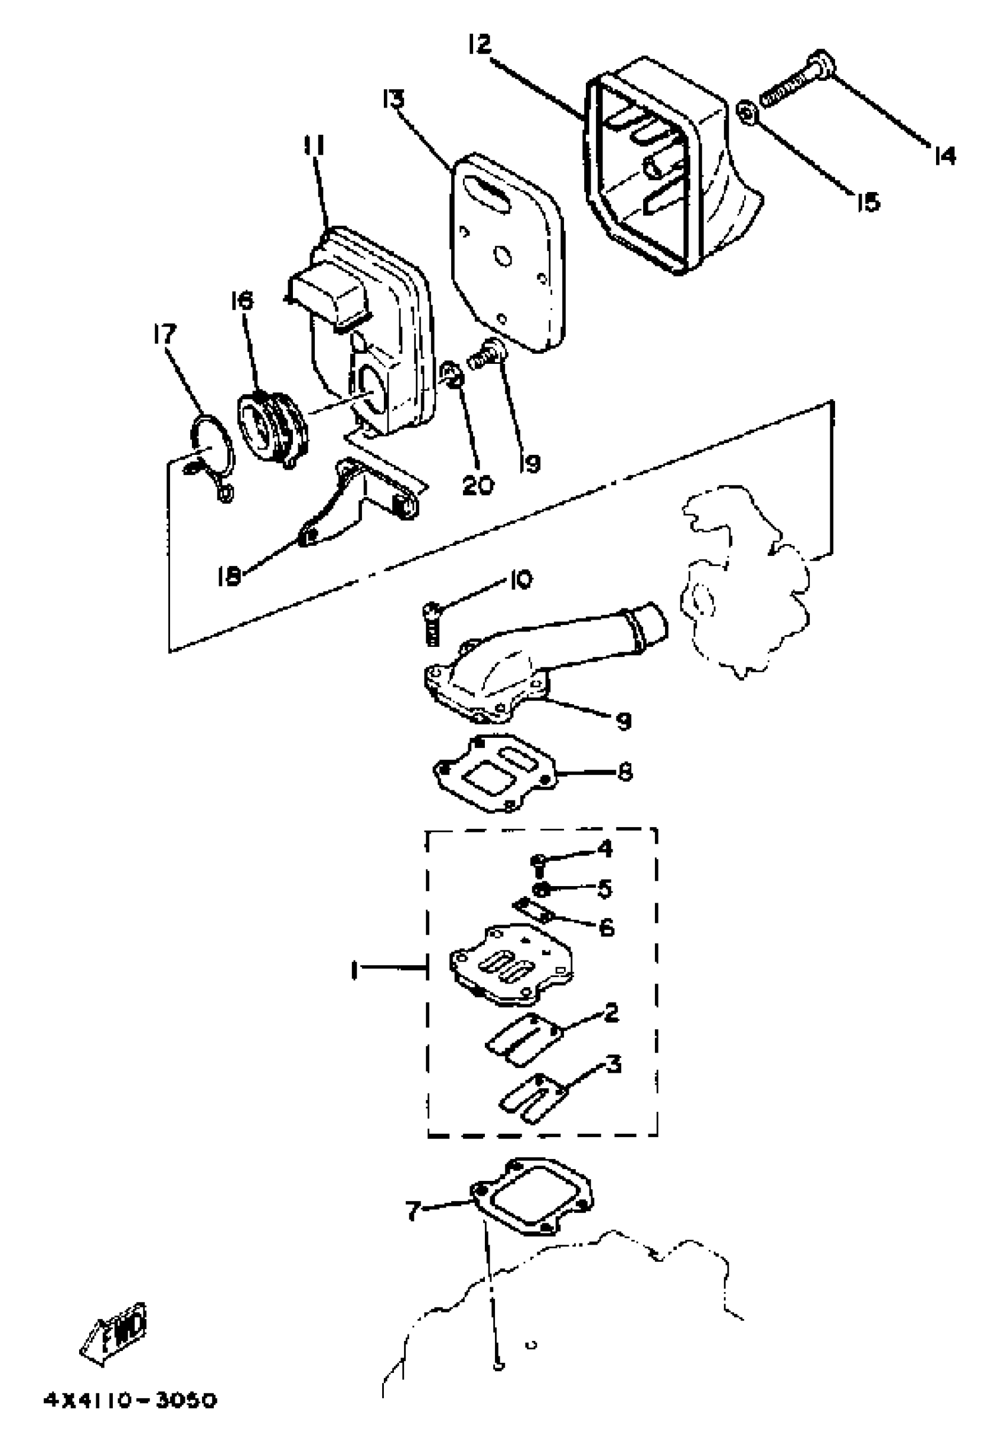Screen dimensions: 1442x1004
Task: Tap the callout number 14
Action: click(944, 155)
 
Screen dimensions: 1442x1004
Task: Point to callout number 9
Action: click(623, 721)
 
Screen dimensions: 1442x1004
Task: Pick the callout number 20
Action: click(477, 485)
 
